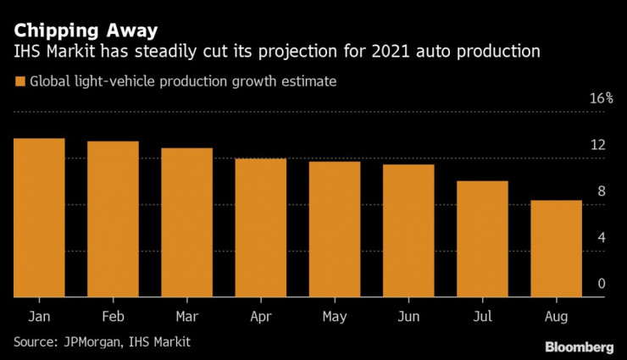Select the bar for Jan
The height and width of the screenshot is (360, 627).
point(39,218)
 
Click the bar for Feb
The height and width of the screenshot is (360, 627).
point(113,219)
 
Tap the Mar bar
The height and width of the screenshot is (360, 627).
point(186,223)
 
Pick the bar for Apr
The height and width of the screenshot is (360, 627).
point(260,228)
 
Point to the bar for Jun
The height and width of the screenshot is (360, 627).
point(408,231)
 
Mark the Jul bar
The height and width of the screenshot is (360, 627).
point(482,239)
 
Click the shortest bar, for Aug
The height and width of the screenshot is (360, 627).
point(556,249)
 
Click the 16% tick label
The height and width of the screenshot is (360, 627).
point(600,98)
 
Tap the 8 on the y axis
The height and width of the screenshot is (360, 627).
point(602,191)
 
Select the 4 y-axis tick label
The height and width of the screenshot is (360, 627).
point(602,238)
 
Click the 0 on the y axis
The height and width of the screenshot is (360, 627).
point(602,285)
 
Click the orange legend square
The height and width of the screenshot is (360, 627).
point(19,82)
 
